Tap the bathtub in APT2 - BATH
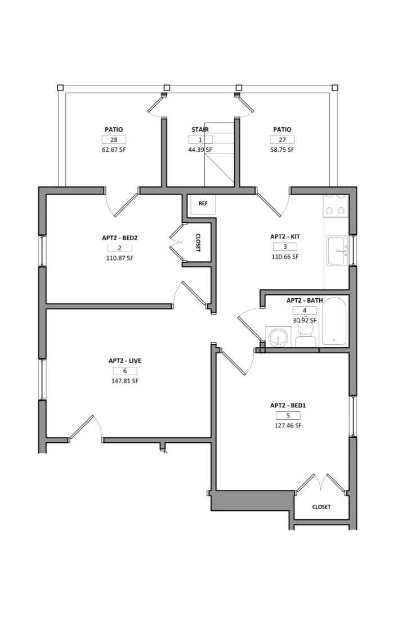(334, 321)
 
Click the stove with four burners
(336, 205)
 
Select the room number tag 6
(124, 371)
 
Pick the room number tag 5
(288, 415)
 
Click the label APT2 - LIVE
(124, 361)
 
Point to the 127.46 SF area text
(288, 425)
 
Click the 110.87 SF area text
(119, 258)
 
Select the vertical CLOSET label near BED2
(198, 242)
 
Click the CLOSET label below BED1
(321, 507)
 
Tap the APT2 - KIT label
(285, 236)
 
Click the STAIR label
(200, 129)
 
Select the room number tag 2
(119, 248)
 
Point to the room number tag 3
(285, 246)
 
